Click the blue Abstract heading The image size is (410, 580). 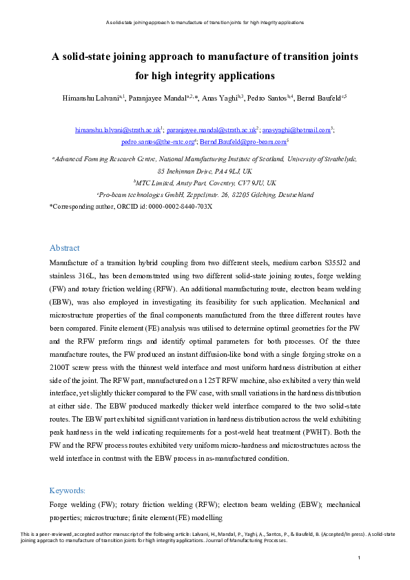65,248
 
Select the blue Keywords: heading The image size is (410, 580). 68,490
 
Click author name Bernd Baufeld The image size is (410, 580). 319,99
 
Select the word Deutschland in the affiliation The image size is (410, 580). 293,195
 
